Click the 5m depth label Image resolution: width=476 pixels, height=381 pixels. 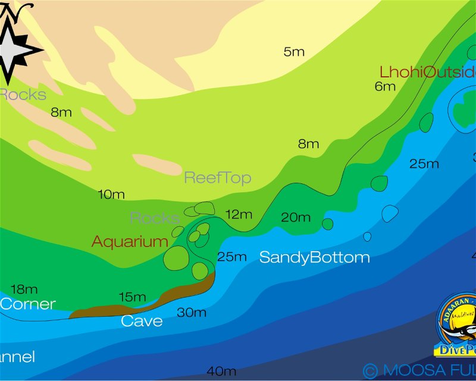click(x=294, y=52)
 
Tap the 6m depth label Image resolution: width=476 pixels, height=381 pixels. click(x=385, y=86)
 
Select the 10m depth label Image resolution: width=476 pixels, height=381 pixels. click(x=111, y=194)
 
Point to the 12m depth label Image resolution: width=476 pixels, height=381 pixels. click(x=239, y=214)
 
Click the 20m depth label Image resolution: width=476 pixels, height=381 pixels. click(x=296, y=217)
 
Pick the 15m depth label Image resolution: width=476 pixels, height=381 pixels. click(x=132, y=296)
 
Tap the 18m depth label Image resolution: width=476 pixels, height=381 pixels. click(x=24, y=289)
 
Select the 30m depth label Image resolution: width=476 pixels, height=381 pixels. click(x=192, y=312)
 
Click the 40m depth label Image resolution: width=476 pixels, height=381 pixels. click(x=221, y=371)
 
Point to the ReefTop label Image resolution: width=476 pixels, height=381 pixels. click(x=217, y=177)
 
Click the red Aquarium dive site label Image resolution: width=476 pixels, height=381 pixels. click(x=130, y=242)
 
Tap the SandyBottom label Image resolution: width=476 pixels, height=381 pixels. click(x=314, y=258)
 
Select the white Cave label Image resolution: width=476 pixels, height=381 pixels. click(x=142, y=321)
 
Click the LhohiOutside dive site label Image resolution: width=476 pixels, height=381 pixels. click(x=427, y=72)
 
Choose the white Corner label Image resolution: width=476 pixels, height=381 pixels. click(x=27, y=304)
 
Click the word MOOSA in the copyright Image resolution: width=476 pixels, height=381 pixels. click(x=411, y=370)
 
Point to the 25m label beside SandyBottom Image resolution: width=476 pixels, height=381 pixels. click(x=231, y=257)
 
